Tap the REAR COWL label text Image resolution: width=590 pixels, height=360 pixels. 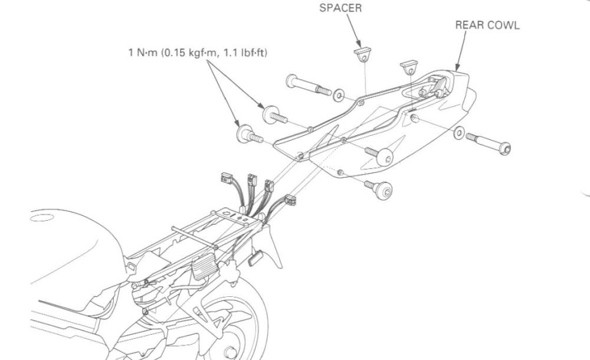[x=487, y=27]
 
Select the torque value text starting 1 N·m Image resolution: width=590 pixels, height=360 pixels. [x=198, y=53]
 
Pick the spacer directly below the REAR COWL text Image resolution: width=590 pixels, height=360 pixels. [x=408, y=66]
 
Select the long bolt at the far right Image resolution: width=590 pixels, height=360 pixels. [x=489, y=142]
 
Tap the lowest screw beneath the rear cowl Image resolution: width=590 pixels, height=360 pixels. [x=379, y=189]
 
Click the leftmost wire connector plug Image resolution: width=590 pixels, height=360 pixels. [x=227, y=178]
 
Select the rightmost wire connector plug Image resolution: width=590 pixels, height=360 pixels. [x=291, y=200]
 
